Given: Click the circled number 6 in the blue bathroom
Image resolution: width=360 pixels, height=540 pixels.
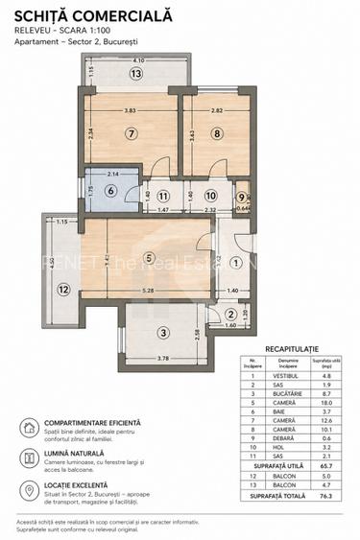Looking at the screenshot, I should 109,191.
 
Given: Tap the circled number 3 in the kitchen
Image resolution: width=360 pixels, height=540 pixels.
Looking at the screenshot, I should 164,333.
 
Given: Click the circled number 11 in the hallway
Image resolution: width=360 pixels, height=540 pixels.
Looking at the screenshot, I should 163,196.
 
